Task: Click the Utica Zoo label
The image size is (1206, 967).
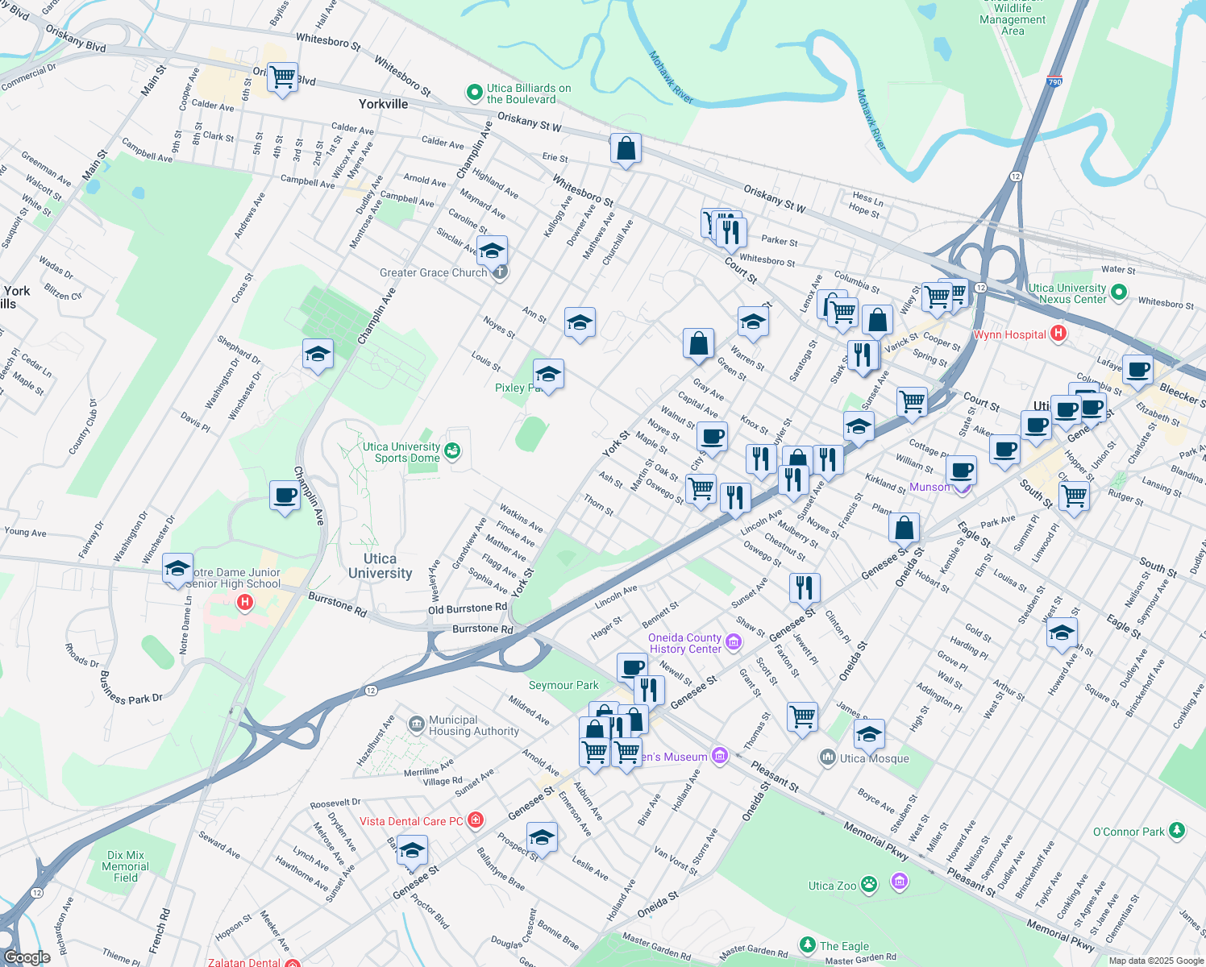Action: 832,886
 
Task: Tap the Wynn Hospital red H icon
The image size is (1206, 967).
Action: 1059,334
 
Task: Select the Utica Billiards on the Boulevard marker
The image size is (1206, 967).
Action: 475,93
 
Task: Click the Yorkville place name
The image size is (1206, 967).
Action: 383,104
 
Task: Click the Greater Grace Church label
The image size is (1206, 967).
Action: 433,272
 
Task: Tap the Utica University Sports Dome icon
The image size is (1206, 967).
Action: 452,451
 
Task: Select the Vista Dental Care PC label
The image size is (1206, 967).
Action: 411,821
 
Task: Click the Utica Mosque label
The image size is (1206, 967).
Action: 874,758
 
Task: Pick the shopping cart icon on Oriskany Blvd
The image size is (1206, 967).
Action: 282,78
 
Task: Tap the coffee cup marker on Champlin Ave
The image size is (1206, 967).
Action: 285,495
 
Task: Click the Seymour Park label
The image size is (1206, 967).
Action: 563,685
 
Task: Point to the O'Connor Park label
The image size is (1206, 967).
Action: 1129,832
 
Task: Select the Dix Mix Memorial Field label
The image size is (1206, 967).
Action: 125,866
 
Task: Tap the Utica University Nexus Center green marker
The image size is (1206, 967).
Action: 1118,293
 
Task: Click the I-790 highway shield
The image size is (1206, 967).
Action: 1054,82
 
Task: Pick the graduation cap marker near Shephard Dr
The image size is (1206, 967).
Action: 318,353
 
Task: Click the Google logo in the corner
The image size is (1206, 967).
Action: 27,957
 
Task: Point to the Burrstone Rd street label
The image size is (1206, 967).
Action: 337,604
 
